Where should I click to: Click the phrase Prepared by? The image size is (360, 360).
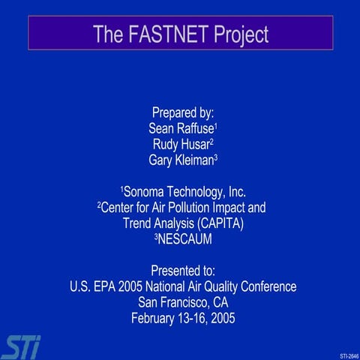[183, 112]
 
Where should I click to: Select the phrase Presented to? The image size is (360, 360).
[183, 270]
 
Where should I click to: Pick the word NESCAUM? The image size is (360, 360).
[185, 238]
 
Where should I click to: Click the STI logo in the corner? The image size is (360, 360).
[21, 346]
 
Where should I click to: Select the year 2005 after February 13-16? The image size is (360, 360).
[221, 317]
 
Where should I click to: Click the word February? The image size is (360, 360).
[156, 317]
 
